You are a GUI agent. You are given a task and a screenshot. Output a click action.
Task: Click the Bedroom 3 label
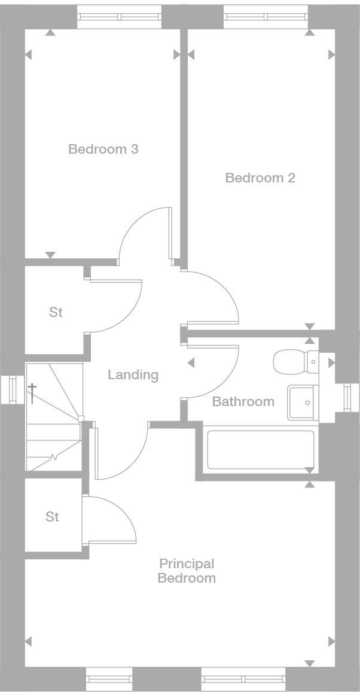coord(103,149)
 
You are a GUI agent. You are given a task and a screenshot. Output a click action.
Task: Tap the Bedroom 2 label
coord(260,178)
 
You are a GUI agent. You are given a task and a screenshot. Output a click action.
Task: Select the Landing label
coord(133,375)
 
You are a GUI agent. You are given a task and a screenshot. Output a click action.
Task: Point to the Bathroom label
coord(243,401)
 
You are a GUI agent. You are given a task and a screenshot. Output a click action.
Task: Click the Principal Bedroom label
coord(187,571)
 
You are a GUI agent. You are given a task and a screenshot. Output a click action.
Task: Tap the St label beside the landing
coord(56,312)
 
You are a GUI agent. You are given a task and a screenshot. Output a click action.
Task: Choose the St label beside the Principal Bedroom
coord(53,517)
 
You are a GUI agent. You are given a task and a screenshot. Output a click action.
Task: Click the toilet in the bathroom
coord(294,362)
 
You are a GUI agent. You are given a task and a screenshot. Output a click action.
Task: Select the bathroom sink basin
coord(303,403)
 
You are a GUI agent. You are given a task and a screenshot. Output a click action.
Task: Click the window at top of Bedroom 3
coord(120,17)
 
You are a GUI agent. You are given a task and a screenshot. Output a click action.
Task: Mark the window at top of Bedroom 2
coord(266,17)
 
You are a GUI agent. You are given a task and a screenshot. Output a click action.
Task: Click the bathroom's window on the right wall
coord(347,398)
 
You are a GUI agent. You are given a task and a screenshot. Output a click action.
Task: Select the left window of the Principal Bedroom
coord(109,679)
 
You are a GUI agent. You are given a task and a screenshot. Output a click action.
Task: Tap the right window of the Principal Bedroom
coord(243,679)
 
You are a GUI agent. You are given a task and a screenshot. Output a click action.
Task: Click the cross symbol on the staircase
coord(32,392)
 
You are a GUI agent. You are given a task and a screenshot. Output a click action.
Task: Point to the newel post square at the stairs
coord(81,419)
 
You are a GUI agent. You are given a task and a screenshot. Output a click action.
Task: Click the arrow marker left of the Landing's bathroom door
coord(191,363)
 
